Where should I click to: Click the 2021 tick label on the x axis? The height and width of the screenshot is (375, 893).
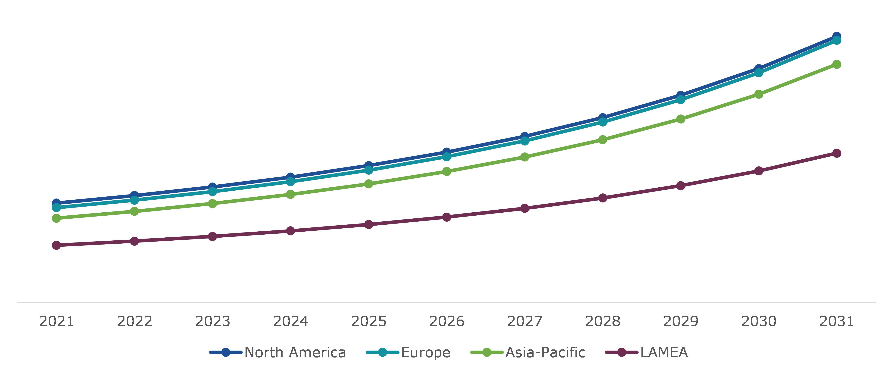[57, 321]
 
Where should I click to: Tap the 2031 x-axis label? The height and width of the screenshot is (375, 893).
[836, 321]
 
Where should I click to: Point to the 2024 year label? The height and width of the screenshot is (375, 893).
[290, 321]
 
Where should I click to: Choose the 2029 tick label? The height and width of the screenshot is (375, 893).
[681, 321]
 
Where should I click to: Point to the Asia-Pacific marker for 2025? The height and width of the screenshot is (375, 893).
[368, 184]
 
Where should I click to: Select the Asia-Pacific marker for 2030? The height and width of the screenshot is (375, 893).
[759, 94]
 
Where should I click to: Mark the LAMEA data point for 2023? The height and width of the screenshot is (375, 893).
[212, 236]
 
